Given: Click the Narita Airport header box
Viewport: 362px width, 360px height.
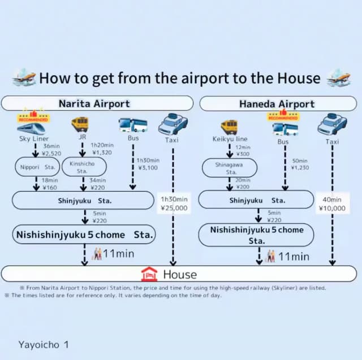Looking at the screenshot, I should tap(94, 103).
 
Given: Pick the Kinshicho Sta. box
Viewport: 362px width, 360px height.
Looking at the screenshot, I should tap(83, 167).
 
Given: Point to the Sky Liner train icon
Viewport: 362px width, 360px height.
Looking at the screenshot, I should tap(33, 128).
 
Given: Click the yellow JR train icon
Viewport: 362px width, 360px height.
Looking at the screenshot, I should tap(79, 124).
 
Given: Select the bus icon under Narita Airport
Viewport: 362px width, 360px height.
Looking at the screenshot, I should tap(133, 124).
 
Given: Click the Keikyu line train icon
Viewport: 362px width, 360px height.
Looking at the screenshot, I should tap(230, 126).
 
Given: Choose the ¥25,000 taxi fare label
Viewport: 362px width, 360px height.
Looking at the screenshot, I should tap(174, 208).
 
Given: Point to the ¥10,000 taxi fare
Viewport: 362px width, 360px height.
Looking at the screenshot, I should tap(332, 208).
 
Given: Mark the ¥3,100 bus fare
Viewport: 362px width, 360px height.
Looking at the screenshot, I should tap(148, 167).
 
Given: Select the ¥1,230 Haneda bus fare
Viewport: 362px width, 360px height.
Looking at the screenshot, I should tap(300, 167).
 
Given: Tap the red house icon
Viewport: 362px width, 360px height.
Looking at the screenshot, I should tap(149, 274).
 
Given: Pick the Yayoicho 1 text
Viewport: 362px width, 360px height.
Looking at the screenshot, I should tap(43, 344).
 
